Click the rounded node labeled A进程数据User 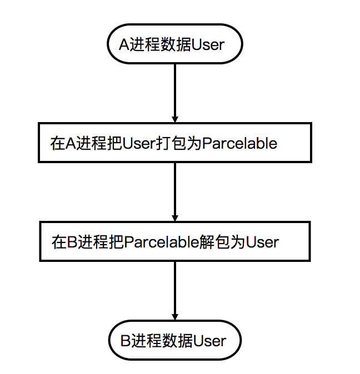click(174, 44)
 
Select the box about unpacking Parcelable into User click(174, 242)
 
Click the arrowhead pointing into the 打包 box click(175, 119)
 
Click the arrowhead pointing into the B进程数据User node click(175, 316)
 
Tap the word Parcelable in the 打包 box click(239, 144)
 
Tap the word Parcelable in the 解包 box click(161, 242)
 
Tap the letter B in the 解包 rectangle click(72, 242)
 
